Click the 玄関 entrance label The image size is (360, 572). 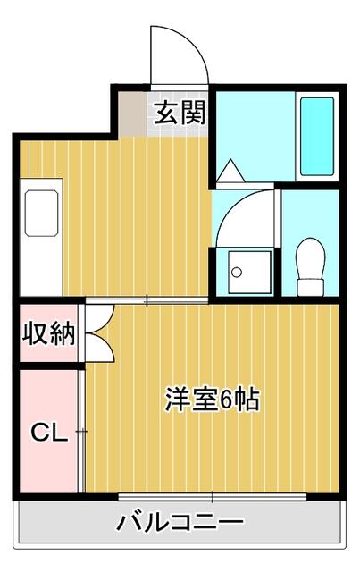point(180,113)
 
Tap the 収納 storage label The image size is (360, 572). point(49,333)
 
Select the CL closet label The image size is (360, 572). point(49,433)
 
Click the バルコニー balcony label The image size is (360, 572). point(180,522)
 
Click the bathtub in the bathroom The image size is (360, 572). point(317,137)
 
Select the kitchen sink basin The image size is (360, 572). point(41,213)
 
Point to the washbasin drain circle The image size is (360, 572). point(237,272)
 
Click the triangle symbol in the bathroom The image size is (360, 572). point(230,171)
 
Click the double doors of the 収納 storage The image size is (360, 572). point(99,333)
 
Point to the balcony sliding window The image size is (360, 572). point(213,497)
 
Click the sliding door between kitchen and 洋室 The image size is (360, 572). point(147,300)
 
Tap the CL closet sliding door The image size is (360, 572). point(81,431)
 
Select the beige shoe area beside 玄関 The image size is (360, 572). point(132,114)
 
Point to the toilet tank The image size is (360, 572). point(310,288)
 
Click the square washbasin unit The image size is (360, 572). point(249,272)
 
